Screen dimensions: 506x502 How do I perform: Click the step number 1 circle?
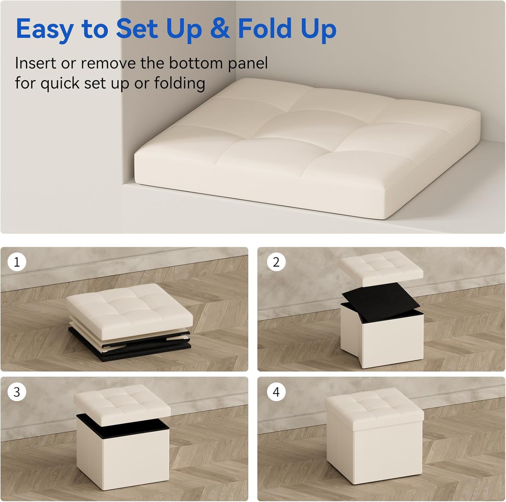pyautogui.click(x=17, y=262)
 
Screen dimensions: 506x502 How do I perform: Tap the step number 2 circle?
pyautogui.click(x=276, y=262)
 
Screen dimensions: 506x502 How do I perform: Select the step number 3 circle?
pyautogui.click(x=17, y=392)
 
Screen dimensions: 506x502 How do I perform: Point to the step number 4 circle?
pyautogui.click(x=276, y=392)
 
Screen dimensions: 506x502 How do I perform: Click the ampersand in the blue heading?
pyautogui.click(x=220, y=28)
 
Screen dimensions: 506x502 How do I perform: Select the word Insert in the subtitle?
pyautogui.click(x=35, y=63)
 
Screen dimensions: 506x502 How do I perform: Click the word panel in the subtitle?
pyautogui.click(x=248, y=64)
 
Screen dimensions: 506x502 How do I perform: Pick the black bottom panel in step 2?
pyautogui.click(x=381, y=298)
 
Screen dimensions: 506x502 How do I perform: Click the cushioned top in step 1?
pyautogui.click(x=130, y=310)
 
